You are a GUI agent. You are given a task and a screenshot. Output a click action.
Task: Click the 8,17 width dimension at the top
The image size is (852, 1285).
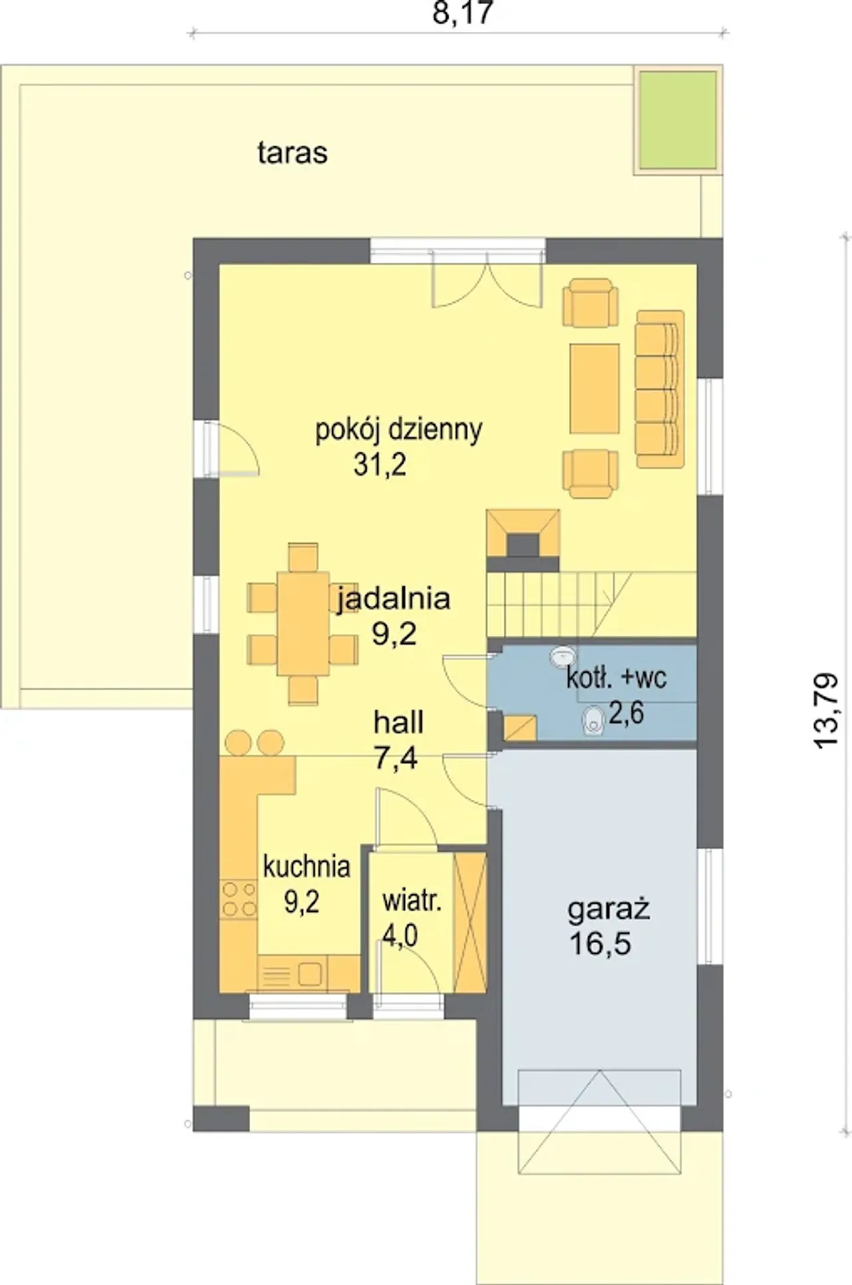coord(463,13)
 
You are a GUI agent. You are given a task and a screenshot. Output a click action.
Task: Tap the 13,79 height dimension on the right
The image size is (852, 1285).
coord(827,711)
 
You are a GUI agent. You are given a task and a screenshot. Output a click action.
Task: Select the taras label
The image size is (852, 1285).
coord(292,153)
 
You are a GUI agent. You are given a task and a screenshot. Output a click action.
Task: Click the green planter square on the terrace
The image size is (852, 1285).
coord(678,120)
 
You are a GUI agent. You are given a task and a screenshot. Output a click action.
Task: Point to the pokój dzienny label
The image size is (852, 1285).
coord(399,431)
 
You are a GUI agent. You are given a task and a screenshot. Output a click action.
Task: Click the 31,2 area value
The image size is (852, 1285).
coord(380,465)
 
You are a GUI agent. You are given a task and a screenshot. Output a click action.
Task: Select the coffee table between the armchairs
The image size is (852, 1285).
coord(594,389)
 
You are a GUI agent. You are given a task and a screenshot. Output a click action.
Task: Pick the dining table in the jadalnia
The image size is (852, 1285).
coord(303,624)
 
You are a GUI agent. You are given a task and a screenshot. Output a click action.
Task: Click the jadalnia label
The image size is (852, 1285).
coord(394,599)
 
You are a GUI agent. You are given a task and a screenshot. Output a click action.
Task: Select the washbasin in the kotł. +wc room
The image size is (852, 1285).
coord(562,656)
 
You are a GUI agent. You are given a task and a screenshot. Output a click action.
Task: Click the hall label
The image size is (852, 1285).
coord(399,723)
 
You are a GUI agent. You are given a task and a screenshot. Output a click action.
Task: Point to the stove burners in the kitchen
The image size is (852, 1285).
coord(239,898)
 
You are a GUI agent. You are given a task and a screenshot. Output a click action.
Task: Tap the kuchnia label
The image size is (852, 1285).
coord(307,867)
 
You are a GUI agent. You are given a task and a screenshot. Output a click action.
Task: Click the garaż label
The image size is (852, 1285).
coord(608,910)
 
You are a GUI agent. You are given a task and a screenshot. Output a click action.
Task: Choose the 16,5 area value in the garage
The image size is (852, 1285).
coord(600,944)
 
